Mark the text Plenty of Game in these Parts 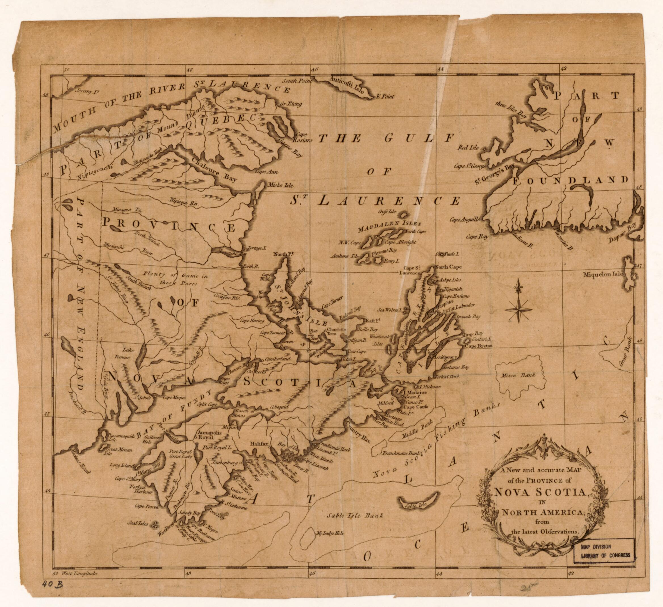pyautogui.click(x=175, y=279)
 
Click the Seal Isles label pyautogui.click(x=138, y=523)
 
